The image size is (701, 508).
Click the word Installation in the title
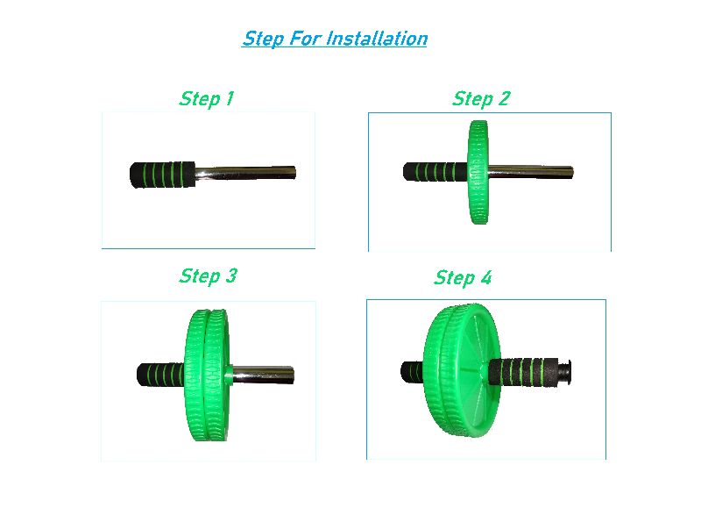pyautogui.click(x=377, y=39)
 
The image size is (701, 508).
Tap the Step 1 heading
pyautogui.click(x=206, y=99)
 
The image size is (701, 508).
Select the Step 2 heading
pyautogui.click(x=480, y=99)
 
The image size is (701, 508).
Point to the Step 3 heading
pyautogui.click(x=208, y=276)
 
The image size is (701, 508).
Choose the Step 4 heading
pyautogui.click(x=463, y=278)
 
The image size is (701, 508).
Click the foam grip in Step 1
pyautogui.click(x=163, y=175)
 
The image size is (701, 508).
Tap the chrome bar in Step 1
pyautogui.click(x=245, y=173)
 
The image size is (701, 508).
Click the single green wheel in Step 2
pyautogui.click(x=478, y=172)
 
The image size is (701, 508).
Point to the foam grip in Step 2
pyautogui.click(x=435, y=172)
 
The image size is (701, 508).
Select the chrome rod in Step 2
pyautogui.click(x=531, y=172)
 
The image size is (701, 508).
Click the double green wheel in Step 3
pyautogui.click(x=207, y=375)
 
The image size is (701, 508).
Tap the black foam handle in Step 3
pyautogui.click(x=160, y=375)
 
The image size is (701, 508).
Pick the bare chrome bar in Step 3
pyautogui.click(x=263, y=375)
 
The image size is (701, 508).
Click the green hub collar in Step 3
pyautogui.click(x=229, y=375)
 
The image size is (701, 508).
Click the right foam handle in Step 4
pyautogui.click(x=523, y=371)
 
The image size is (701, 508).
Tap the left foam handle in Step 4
pyautogui.click(x=412, y=372)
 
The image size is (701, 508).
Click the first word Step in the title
pyautogui.click(x=264, y=39)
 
